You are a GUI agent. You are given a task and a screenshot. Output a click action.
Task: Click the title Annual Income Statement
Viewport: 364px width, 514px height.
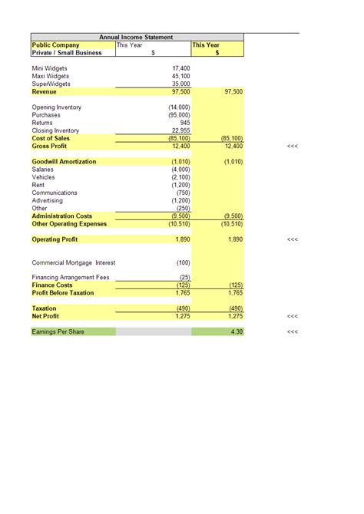137,37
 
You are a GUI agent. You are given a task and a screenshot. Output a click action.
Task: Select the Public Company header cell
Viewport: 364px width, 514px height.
55,45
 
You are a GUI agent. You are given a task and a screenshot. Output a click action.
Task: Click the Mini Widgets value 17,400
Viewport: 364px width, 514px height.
180,68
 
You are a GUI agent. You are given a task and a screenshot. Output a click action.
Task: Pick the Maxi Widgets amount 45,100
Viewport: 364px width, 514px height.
180,76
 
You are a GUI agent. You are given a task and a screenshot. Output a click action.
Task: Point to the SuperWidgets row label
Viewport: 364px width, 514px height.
51,84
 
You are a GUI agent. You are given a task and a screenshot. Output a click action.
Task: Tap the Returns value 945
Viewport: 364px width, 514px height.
184,123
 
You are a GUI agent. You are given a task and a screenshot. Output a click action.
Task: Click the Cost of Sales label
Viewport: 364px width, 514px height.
51,138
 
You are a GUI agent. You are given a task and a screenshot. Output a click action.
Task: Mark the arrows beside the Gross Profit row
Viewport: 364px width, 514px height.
292,146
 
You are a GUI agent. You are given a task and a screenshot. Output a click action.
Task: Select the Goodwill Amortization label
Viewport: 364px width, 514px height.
64,162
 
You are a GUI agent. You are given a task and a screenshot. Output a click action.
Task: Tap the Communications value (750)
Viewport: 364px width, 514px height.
182,193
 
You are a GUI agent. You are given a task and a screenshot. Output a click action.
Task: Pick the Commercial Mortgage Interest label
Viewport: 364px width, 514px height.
73,262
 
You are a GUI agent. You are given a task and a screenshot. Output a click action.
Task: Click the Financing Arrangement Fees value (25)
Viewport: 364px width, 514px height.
184,277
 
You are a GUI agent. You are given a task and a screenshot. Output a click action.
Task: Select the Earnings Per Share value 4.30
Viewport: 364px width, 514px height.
235,331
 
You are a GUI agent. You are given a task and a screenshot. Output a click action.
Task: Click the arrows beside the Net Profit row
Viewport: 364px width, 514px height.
292,316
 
